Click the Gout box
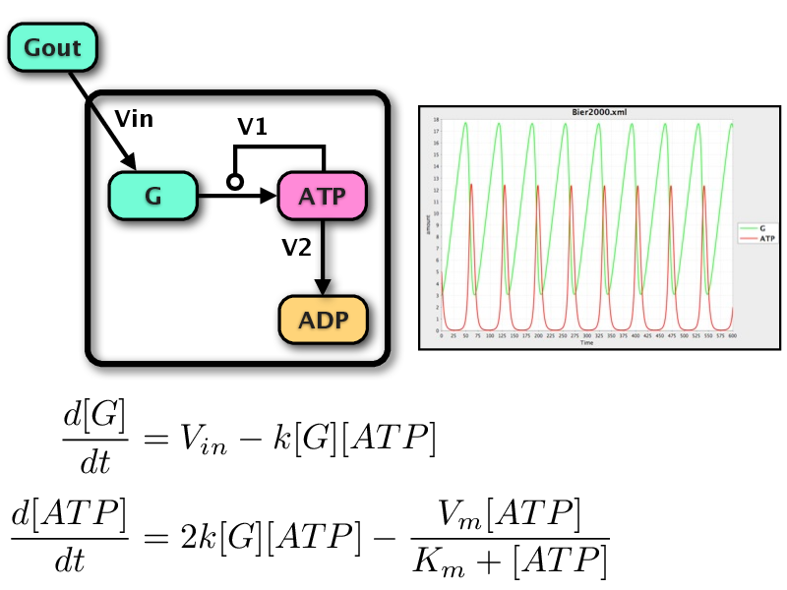[x=53, y=47]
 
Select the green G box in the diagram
[x=152, y=195]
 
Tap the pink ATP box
[x=324, y=195]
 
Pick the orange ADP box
[x=324, y=319]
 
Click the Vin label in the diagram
[x=134, y=120]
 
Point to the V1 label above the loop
[x=253, y=127]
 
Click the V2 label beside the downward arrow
[x=296, y=248]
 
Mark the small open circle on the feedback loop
[x=234, y=181]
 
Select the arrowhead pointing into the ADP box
[x=324, y=286]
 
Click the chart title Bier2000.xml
[x=586, y=113]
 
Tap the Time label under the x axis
[x=586, y=343]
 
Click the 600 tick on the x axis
[x=732, y=336]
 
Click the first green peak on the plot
[x=465, y=123]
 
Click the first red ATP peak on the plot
[x=472, y=184]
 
